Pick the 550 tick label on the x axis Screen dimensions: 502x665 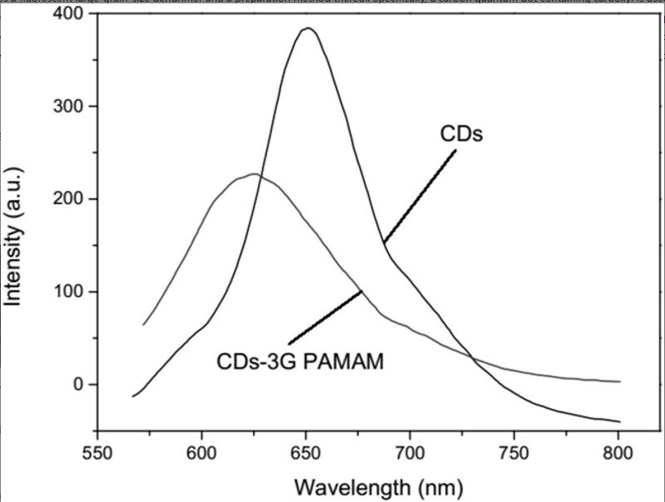click(x=97, y=453)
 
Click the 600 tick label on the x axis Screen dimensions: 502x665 click(x=201, y=453)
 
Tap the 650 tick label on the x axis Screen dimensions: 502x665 click(x=305, y=453)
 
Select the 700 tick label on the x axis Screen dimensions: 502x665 click(x=410, y=453)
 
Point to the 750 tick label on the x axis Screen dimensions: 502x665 click(x=513, y=453)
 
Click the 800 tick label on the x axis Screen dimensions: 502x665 click(x=618, y=453)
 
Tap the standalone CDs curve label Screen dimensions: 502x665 click(x=461, y=134)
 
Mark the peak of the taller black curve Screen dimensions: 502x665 click(x=308, y=28)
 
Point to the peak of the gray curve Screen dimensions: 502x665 click(x=254, y=174)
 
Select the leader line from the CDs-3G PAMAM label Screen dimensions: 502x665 click(x=325, y=317)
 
